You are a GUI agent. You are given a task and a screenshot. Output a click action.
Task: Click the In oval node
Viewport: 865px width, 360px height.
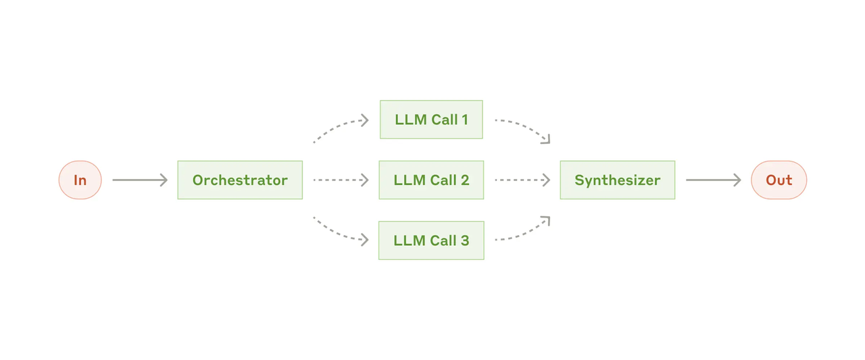[80, 180]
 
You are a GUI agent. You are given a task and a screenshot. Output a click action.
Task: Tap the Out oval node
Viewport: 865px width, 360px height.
[778, 180]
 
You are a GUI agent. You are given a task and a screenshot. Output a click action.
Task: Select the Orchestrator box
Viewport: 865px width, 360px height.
[240, 180]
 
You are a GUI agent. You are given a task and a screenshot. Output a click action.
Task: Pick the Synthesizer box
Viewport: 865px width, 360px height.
[618, 180]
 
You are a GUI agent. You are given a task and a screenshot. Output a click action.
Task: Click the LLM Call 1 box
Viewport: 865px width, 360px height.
[431, 120]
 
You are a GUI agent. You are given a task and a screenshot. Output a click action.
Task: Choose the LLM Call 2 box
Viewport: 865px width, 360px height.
[431, 180]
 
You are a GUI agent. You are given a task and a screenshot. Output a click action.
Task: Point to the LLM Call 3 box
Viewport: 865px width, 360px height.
[431, 240]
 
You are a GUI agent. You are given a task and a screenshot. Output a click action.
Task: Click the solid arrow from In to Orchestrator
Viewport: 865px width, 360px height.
[140, 180]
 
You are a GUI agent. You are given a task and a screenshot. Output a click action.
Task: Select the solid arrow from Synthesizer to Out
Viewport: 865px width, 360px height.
[713, 180]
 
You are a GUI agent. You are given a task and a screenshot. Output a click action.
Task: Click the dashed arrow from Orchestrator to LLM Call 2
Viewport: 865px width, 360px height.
[341, 180]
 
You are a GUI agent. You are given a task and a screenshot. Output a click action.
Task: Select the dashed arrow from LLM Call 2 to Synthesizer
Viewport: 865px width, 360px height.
[522, 180]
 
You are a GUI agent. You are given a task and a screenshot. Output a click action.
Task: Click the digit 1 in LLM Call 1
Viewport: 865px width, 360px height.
[464, 120]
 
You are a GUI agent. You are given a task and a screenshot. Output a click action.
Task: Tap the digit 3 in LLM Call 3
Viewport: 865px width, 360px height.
[464, 240]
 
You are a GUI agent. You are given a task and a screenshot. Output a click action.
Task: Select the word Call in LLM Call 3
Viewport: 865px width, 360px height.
[443, 240]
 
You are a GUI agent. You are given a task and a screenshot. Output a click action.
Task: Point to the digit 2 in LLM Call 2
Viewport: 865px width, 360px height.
[464, 180]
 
